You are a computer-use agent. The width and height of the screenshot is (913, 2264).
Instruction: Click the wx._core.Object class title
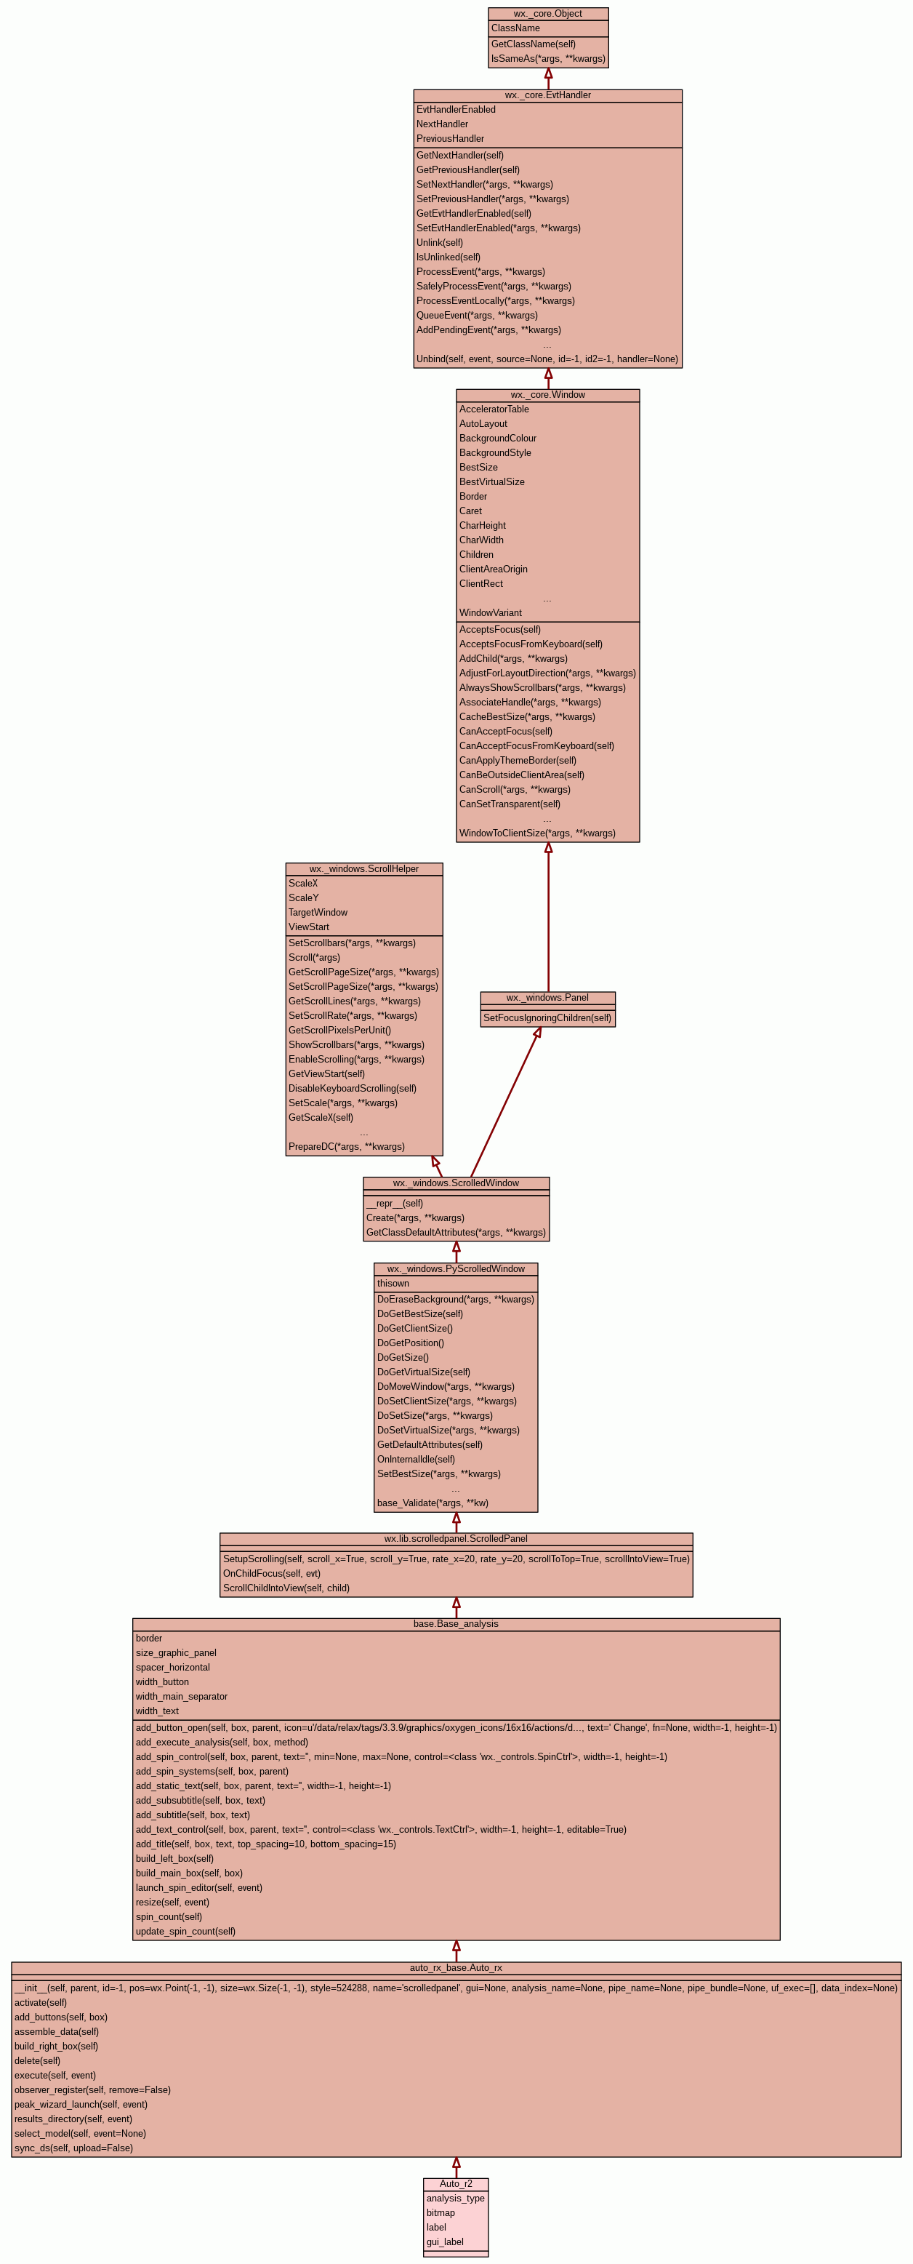coord(547,14)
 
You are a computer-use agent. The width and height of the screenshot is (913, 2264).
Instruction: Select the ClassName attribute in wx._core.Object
coord(516,28)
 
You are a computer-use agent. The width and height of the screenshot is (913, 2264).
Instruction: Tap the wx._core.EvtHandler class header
coord(547,95)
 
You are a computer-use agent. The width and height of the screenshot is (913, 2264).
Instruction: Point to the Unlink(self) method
coord(439,243)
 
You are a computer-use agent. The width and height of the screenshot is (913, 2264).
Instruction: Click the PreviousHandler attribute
coord(450,139)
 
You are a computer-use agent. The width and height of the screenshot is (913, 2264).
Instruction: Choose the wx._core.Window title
coord(547,395)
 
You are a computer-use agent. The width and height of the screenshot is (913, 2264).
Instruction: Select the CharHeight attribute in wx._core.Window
coord(483,526)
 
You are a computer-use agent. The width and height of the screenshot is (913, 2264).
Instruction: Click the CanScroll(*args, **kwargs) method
coord(514,789)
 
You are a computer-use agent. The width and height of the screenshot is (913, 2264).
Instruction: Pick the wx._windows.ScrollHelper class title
coord(363,869)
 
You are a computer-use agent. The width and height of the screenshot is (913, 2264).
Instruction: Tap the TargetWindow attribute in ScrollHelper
coord(318,912)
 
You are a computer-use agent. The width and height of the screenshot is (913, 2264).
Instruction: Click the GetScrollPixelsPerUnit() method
coord(339,1030)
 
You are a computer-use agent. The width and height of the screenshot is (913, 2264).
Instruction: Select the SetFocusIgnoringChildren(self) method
coord(547,1017)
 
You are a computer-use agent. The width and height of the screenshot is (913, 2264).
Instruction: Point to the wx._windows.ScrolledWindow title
coord(455,1183)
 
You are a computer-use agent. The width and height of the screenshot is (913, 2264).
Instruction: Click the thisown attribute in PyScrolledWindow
coord(393,1283)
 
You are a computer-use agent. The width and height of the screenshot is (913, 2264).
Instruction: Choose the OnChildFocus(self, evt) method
coord(272,1573)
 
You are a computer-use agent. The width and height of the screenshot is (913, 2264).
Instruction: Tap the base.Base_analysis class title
coord(455,1623)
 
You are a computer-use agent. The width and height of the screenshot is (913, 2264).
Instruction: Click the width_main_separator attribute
coord(181,1696)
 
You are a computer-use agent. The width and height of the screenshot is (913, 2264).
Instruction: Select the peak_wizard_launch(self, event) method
coord(81,2104)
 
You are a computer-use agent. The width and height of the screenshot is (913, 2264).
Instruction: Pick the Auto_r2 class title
coord(455,2184)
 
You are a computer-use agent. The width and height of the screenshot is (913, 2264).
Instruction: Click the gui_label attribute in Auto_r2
coord(445,2242)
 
